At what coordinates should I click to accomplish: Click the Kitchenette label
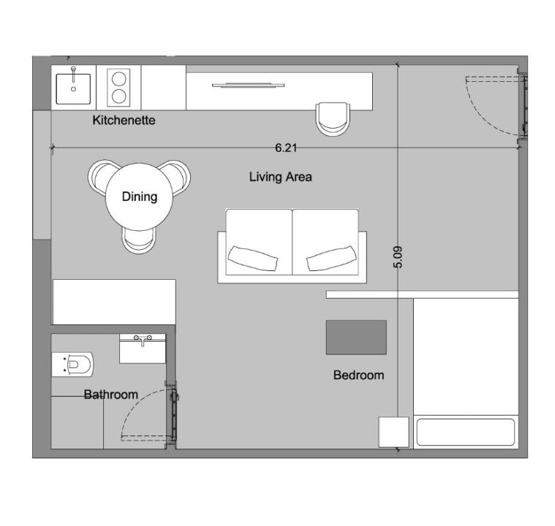[124, 121]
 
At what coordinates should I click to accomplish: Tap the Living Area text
[280, 177]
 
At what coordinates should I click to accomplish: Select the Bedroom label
[358, 375]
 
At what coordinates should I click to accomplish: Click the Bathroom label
[111, 394]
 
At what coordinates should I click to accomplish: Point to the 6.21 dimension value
[286, 148]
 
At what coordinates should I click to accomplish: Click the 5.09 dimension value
[398, 257]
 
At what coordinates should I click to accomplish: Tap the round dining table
[139, 197]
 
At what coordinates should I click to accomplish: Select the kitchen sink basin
[73, 88]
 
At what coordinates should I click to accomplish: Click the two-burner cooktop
[118, 88]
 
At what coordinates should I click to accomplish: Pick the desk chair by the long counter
[333, 119]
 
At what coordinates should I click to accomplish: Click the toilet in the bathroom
[72, 365]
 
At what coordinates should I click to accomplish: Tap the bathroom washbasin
[143, 348]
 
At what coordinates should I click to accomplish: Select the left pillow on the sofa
[253, 259]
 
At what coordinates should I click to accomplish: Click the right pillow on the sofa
[331, 259]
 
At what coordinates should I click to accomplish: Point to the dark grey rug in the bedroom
[356, 337]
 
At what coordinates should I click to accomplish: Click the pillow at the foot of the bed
[466, 432]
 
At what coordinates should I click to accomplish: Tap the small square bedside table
[393, 432]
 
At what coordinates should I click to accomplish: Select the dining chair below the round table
[139, 241]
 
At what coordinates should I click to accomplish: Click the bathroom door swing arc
[135, 403]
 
